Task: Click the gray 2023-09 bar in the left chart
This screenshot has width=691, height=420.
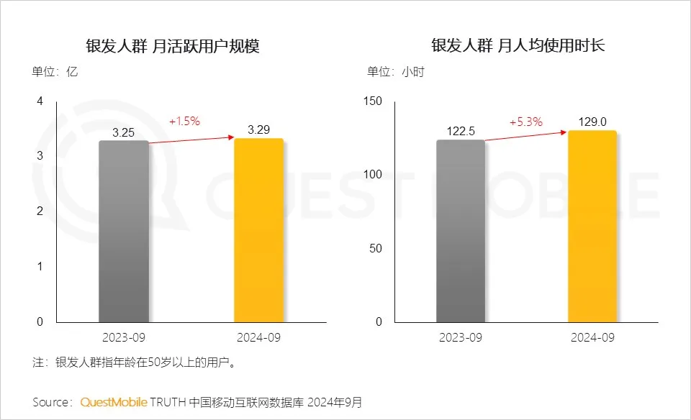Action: point(124,231)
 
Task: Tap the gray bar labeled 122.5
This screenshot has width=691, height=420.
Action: point(461,231)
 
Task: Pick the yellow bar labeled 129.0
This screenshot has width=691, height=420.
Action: point(592,226)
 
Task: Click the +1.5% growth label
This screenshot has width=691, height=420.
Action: point(184,122)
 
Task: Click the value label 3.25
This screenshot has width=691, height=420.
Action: point(124,133)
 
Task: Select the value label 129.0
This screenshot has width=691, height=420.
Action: point(592,122)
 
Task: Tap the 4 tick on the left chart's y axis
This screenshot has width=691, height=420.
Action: point(40,101)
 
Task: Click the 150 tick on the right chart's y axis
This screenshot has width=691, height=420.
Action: point(373,101)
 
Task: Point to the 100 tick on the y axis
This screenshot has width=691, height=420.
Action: point(373,175)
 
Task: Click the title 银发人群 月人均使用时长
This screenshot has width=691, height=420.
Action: point(518,47)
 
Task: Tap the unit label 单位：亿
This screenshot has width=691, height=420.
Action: point(54,72)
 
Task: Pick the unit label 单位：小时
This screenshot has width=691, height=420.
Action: point(396,72)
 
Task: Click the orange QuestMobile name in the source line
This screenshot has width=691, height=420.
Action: point(114,401)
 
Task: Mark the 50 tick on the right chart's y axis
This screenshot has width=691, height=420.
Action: point(376,248)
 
